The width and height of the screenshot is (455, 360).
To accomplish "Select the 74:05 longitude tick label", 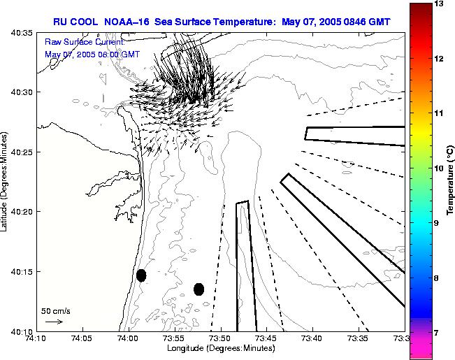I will pyautogui.click(x=82, y=339).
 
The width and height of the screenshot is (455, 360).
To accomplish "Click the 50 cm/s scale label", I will pyautogui.click(x=55, y=310).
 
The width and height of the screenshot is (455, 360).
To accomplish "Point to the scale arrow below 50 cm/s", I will pyautogui.click(x=53, y=322).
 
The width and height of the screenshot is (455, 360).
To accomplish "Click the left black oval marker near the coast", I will pyautogui.click(x=141, y=275).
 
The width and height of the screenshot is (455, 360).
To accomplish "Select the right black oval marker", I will pyautogui.click(x=198, y=289).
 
